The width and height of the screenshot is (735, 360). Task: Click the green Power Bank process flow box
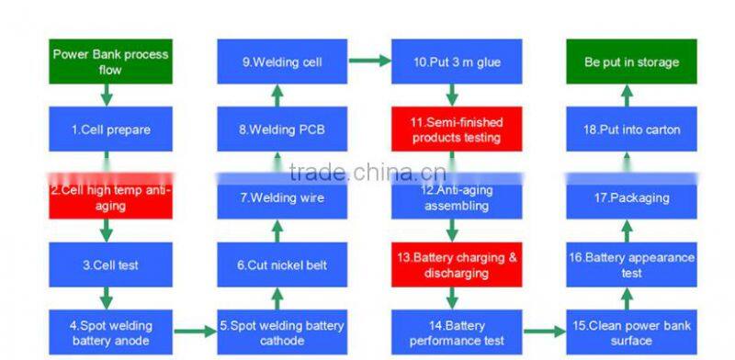[x=110, y=62]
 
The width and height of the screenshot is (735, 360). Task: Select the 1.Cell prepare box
[x=110, y=129]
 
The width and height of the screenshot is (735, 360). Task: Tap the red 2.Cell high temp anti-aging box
[x=110, y=197]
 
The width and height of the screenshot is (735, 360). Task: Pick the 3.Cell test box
[x=110, y=264]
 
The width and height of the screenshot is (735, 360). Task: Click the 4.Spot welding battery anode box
[x=110, y=332]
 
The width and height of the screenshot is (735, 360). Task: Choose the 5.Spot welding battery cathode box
[x=281, y=332]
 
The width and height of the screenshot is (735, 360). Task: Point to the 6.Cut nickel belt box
[x=281, y=264]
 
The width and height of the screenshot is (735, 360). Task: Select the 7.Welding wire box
[x=281, y=197]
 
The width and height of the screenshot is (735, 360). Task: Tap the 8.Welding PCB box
[x=281, y=129]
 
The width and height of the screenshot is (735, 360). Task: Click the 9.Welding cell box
[x=281, y=62]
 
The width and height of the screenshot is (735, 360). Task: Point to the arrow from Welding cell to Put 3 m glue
[x=367, y=62]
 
